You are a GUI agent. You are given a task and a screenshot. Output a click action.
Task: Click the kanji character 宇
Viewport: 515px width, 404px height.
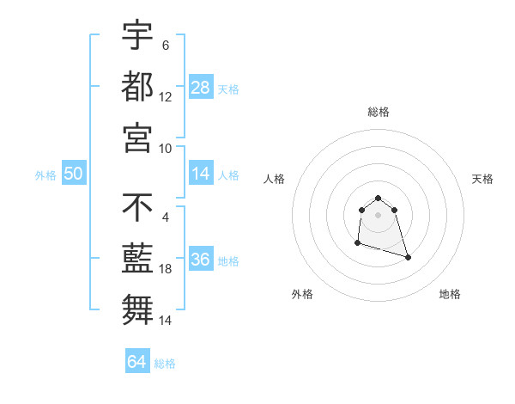137,37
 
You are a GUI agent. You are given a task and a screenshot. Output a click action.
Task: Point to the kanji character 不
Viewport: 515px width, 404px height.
137,208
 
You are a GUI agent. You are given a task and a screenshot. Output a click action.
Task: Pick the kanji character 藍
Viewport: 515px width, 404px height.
137,258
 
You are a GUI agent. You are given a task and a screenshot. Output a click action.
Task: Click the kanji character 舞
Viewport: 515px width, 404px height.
137,308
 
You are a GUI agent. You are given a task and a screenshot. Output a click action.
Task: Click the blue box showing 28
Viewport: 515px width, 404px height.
201,88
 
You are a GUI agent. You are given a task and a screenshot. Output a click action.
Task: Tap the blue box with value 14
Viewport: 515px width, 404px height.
201,174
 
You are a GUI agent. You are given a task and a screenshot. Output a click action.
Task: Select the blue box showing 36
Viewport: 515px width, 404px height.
201,260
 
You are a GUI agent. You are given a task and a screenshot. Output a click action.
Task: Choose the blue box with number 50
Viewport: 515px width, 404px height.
73,174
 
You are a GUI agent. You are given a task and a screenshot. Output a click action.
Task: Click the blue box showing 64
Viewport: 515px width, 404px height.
136,362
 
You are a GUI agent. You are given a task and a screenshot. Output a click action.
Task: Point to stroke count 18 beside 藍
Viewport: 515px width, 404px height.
166,270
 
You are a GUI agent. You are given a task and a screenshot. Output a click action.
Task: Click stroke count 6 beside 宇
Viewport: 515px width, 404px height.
166,46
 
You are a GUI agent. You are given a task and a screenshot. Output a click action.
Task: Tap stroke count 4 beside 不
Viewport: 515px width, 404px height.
166,217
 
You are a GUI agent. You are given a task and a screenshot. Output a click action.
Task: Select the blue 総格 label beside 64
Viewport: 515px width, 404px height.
165,364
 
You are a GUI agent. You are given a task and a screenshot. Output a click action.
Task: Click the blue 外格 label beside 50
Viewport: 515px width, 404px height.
45,175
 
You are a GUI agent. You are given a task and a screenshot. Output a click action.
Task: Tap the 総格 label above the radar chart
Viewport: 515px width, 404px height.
379,112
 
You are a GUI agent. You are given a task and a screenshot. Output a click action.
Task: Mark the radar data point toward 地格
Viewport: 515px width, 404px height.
408,257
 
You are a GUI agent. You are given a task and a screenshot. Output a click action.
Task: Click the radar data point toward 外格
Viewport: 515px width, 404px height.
357,244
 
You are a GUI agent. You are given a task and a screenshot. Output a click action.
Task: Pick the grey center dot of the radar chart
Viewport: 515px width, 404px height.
378,215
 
